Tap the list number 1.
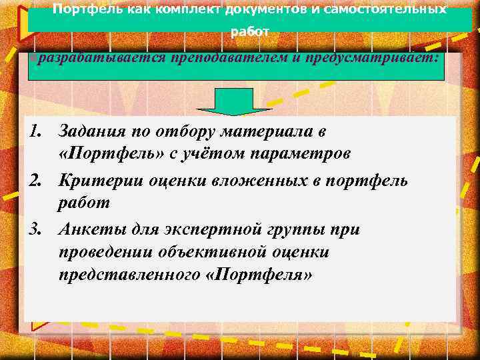point(38,131)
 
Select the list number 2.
point(38,181)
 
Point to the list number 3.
point(38,230)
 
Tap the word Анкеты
point(85,230)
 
